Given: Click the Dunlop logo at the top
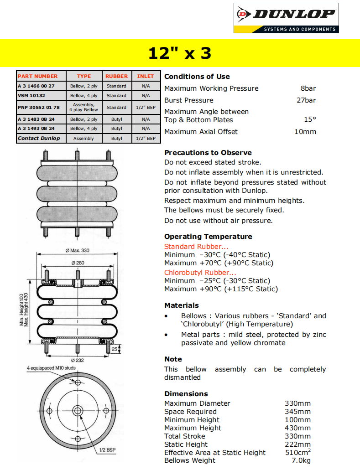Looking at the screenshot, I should pos(286,18).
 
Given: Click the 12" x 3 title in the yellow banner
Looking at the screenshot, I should pos(180,53).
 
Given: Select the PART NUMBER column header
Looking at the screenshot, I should pos(38,76).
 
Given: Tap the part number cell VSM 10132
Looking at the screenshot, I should pos(31,96).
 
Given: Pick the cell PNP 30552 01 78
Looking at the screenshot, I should pos(39,108).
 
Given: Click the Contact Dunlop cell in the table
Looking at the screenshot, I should pos(39,138).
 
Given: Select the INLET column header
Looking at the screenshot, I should pos(146,76).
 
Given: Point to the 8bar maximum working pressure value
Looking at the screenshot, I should pos(308,88).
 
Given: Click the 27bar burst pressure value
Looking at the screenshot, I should pos(306,100).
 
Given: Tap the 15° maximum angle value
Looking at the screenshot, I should pos(310,119).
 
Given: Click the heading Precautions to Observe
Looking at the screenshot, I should pos(208,153).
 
